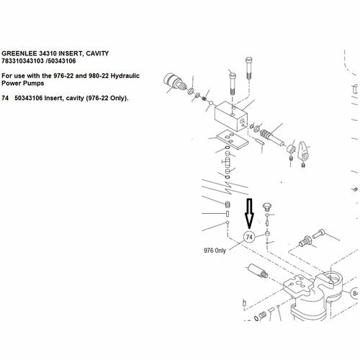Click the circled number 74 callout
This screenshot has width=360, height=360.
tap(249, 237)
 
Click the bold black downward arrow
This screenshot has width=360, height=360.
tap(249, 213)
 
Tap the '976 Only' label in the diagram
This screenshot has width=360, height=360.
tap(215, 251)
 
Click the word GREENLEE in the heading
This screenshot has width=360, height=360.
tap(19, 53)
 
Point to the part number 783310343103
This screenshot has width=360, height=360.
tap(22, 61)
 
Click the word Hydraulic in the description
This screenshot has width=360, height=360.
tap(125, 76)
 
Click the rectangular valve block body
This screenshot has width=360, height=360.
tap(230, 116)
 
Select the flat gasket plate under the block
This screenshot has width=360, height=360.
tap(233, 139)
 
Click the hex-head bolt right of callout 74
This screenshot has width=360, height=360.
tap(266, 207)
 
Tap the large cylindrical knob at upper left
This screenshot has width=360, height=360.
tap(174, 82)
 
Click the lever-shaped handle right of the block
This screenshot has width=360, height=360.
tap(302, 151)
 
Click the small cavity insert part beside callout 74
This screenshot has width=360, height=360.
tap(267, 233)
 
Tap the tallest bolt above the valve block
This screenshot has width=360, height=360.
tap(249, 68)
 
